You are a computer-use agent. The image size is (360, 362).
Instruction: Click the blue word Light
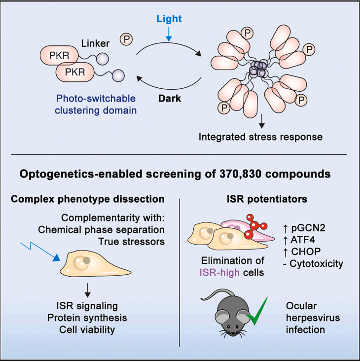point(169,19)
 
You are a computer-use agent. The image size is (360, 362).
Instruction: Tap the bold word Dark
point(170,99)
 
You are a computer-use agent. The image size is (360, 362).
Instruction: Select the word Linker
point(95,43)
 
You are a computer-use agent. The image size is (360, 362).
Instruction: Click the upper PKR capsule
point(59,55)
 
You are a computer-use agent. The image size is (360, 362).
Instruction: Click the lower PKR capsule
point(75,72)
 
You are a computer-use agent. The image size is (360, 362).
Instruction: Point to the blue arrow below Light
point(169,34)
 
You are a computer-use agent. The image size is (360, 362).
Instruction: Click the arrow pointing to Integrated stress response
point(262,121)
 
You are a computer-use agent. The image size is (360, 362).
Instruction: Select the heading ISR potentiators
point(267,199)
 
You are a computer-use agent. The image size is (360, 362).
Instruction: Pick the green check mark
point(257,312)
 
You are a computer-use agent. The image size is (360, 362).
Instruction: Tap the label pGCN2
point(304,228)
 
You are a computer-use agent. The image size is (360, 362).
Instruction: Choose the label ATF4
point(299,240)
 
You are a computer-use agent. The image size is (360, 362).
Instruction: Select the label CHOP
point(302,252)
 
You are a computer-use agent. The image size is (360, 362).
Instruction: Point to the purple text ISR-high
point(219,273)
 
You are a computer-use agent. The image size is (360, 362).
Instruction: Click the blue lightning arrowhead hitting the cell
point(56,257)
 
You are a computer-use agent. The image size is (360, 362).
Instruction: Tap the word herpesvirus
point(313,318)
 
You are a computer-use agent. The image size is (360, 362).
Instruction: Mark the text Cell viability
point(87,329)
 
